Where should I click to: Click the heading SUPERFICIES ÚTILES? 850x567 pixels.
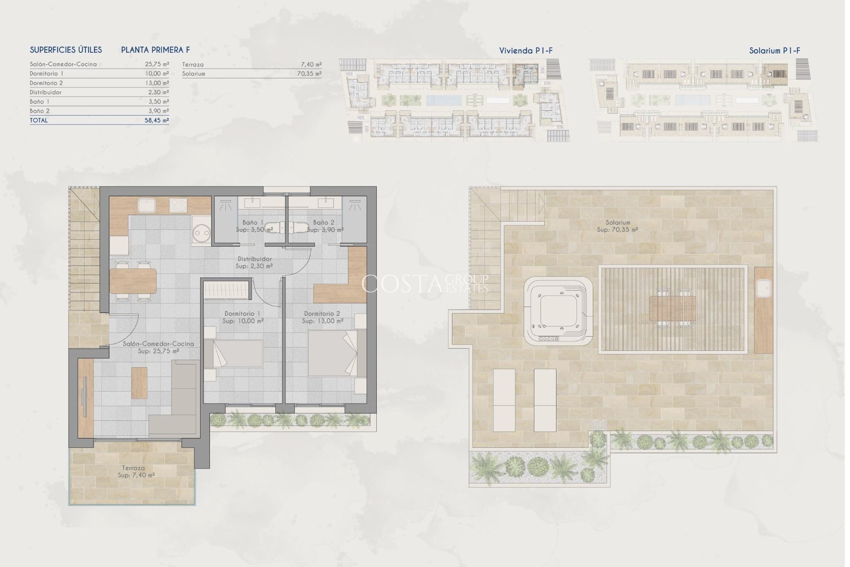pyautogui.click(x=66, y=50)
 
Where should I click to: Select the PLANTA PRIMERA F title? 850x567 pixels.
pyautogui.click(x=155, y=50)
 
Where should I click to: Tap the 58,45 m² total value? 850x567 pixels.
pyautogui.click(x=157, y=120)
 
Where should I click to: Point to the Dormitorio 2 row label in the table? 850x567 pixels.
pyautogui.click(x=46, y=83)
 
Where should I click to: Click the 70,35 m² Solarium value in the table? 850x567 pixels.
pyautogui.click(x=309, y=74)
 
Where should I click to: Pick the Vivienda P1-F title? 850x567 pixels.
pyautogui.click(x=526, y=50)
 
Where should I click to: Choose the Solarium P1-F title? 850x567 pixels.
pyautogui.click(x=774, y=50)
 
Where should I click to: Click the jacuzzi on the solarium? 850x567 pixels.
pyautogui.click(x=558, y=312)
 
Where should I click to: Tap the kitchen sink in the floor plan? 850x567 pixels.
pyautogui.click(x=146, y=205)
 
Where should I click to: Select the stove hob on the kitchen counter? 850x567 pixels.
pyautogui.click(x=178, y=205)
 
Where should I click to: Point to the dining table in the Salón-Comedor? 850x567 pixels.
pyautogui.click(x=133, y=281)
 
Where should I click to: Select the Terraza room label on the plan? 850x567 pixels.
pyautogui.click(x=133, y=468)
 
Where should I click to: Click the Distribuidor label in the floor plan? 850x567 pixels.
pyautogui.click(x=255, y=259)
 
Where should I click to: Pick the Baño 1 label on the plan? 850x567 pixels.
pyautogui.click(x=253, y=222)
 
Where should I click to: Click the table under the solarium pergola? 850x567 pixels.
pyautogui.click(x=672, y=309)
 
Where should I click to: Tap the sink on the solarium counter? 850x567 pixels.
pyautogui.click(x=763, y=288)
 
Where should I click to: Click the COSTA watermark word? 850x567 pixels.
pyautogui.click(x=402, y=284)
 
